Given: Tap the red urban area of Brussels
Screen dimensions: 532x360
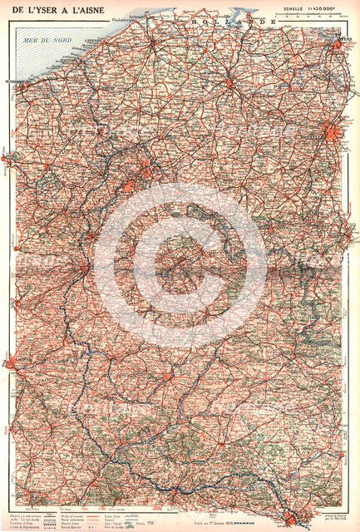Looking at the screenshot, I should coord(332,133).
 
